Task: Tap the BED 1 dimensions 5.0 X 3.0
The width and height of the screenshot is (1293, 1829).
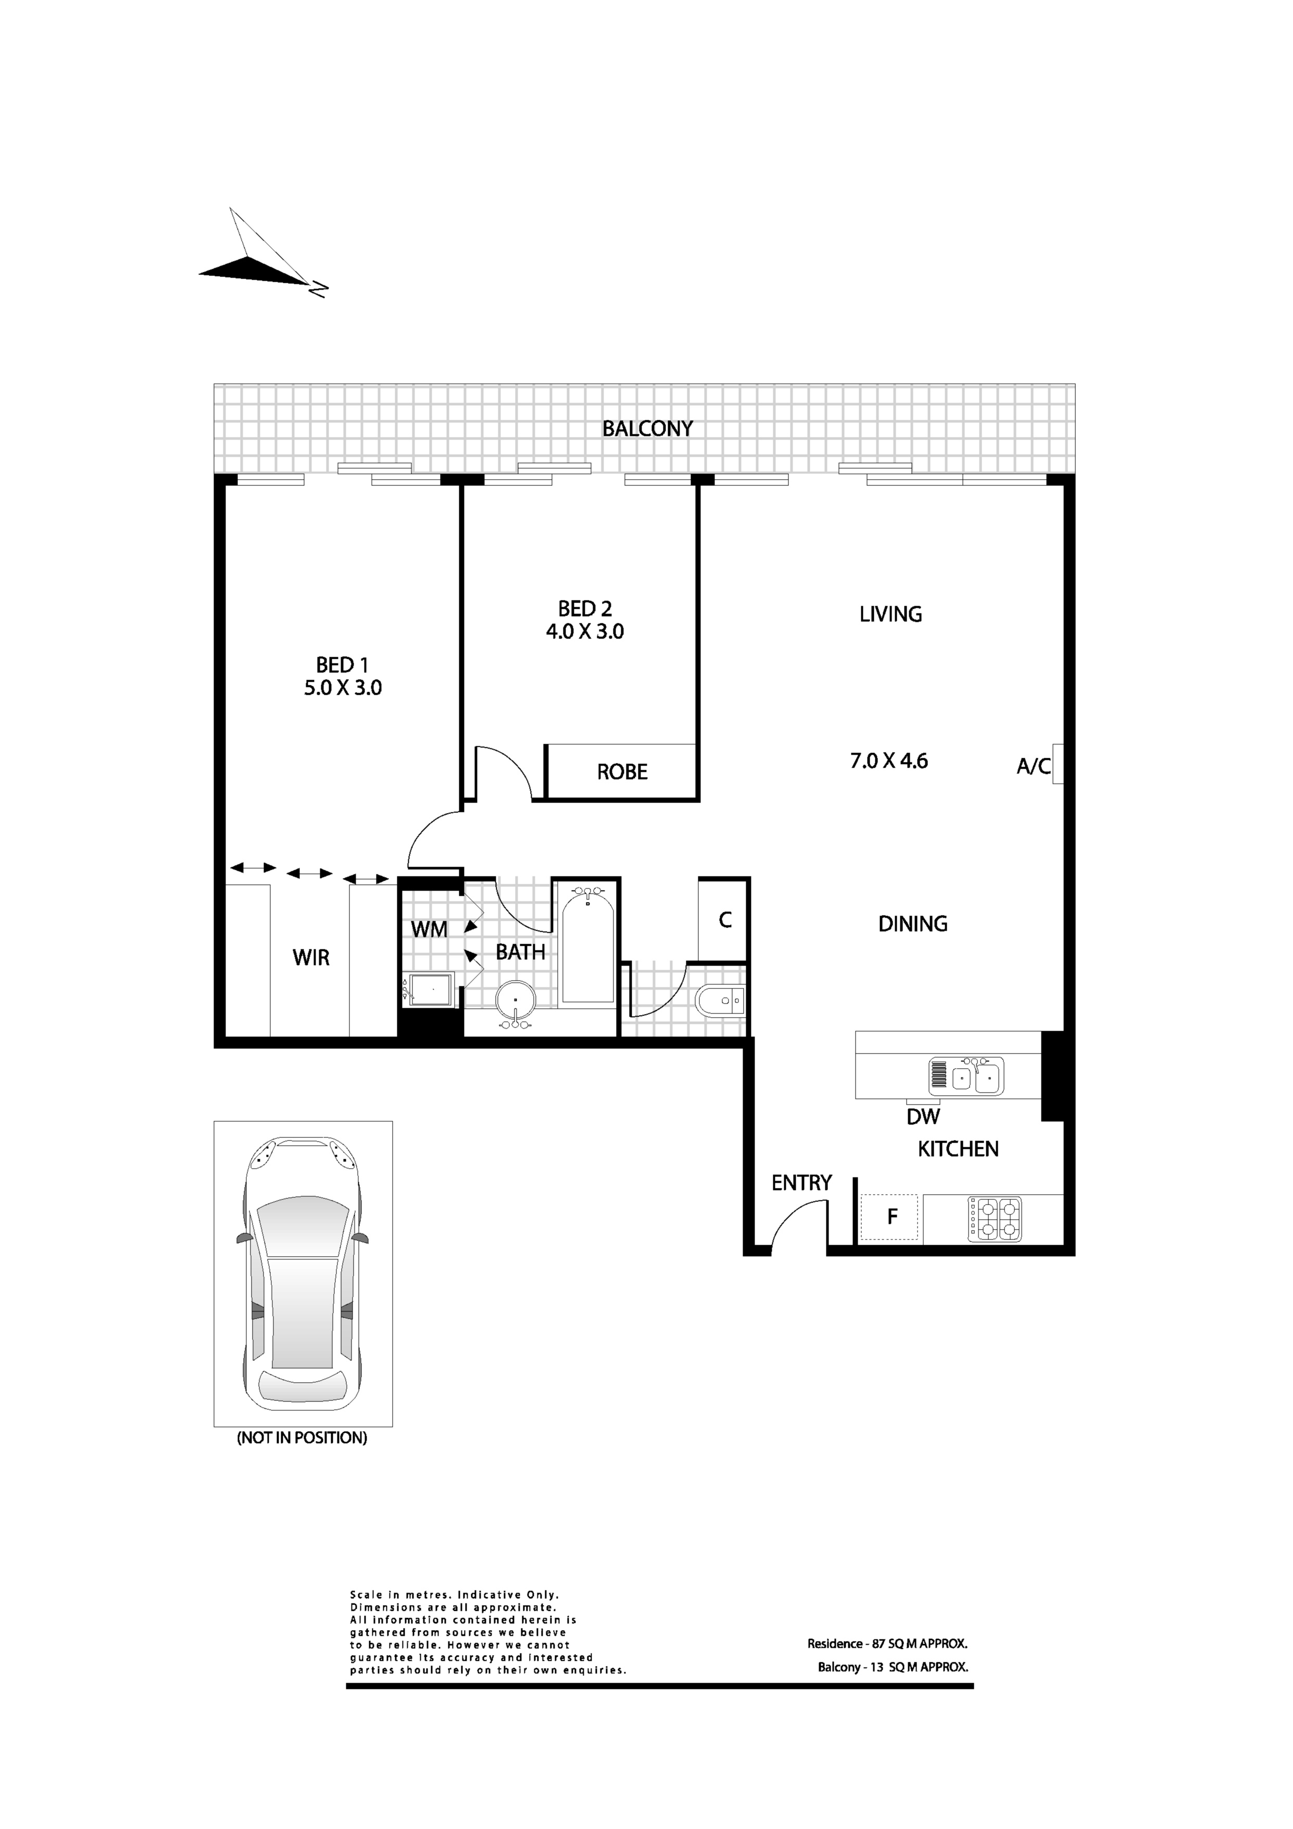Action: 343,687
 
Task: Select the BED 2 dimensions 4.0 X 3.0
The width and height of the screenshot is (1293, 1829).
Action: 585,632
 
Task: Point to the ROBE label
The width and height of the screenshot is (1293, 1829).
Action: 622,772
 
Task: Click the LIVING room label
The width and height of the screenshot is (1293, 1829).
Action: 890,614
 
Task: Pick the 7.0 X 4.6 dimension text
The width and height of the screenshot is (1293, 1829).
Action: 889,761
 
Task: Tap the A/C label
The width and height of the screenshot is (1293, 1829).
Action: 1033,766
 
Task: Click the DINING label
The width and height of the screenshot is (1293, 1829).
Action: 913,924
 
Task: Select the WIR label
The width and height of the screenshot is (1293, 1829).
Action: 311,958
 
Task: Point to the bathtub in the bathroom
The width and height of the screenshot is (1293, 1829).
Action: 588,945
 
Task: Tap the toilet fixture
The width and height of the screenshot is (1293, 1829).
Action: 720,1000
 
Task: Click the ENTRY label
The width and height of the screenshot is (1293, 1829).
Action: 801,1183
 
